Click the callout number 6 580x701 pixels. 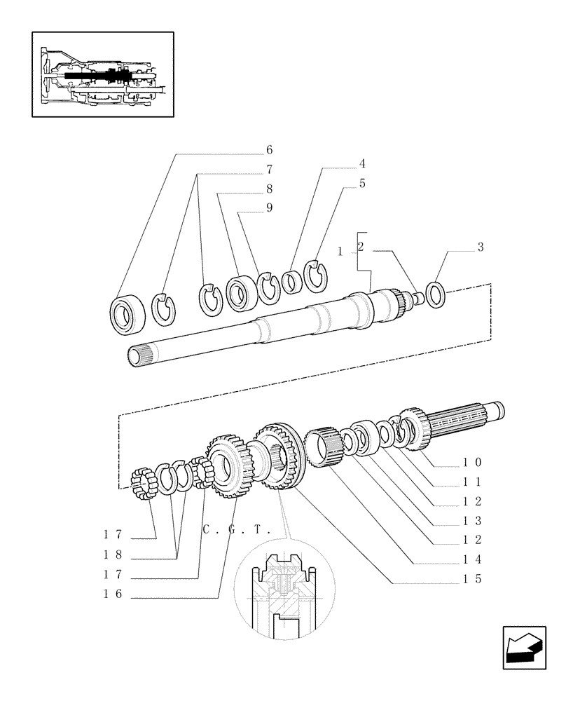(x=269, y=150)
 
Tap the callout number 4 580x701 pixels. (x=362, y=164)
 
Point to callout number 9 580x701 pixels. (x=269, y=208)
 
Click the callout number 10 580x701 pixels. (x=471, y=463)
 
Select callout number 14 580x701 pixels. (x=471, y=560)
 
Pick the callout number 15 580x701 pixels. (x=471, y=580)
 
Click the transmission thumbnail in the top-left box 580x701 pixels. (x=102, y=74)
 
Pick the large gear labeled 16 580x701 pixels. (x=228, y=465)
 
